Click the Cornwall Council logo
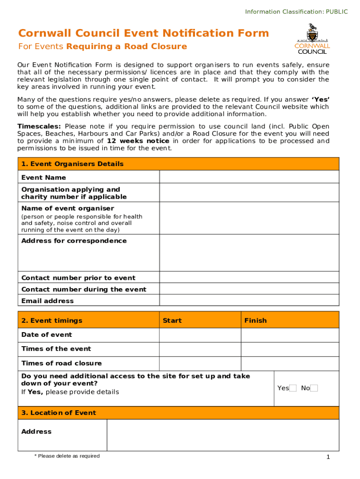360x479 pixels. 312,39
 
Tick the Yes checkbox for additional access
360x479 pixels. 293,388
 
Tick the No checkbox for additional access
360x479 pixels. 314,388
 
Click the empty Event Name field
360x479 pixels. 249,177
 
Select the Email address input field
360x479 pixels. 249,300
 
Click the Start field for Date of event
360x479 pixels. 200,335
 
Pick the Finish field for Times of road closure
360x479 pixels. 290,363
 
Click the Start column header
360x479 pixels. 172,320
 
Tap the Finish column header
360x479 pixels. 255,320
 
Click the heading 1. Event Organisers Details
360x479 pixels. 72,164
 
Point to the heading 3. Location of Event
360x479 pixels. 58,413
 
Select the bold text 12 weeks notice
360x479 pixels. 138,141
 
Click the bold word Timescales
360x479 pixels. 39,126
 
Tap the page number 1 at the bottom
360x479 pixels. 329,457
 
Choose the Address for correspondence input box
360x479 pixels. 249,253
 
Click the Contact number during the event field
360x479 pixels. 249,289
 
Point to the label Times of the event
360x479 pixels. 56,349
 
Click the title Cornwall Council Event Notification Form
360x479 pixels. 144,33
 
